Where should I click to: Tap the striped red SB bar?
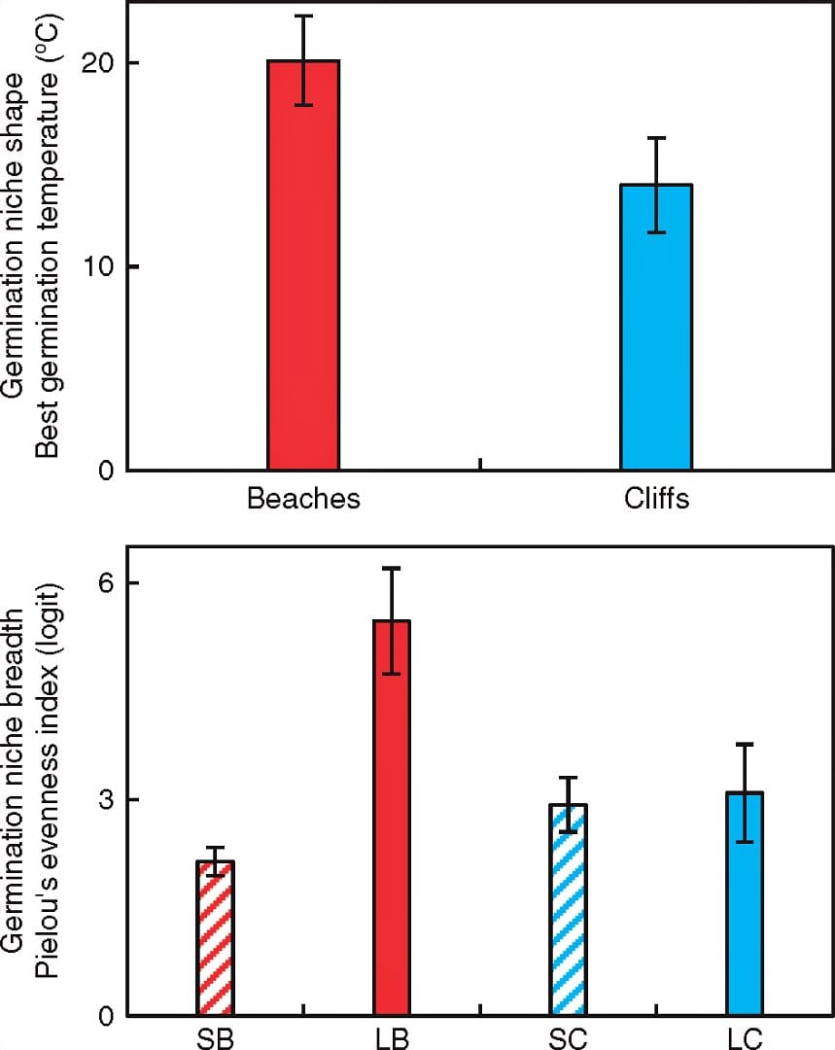[215, 938]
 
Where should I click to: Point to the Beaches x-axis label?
[303, 499]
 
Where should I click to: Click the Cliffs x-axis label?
[656, 499]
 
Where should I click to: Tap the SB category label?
[215, 1037]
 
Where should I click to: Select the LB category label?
[392, 1037]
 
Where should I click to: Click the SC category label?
[568, 1037]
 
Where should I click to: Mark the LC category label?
[745, 1037]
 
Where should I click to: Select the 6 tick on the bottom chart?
[104, 583]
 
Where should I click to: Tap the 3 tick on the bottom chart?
[104, 800]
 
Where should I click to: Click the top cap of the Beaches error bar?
[303, 16]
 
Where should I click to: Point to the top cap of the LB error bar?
[392, 568]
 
